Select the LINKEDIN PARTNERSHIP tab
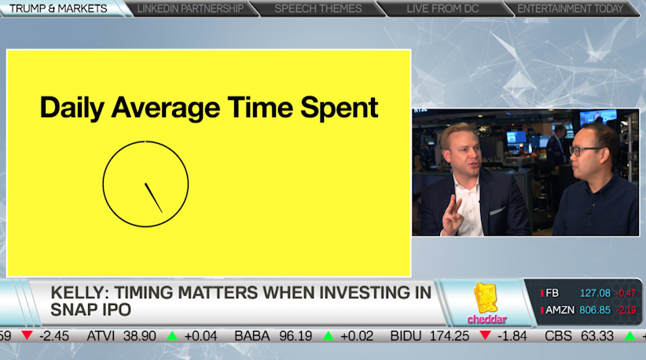pyautogui.click(x=192, y=9)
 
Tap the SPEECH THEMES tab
pyautogui.click(x=318, y=9)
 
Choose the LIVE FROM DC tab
pyautogui.click(x=443, y=9)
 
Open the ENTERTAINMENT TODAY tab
pyautogui.click(x=571, y=9)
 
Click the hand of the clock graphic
pyautogui.click(x=153, y=197)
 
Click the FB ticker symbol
pyautogui.click(x=552, y=293)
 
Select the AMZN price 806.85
pyautogui.click(x=596, y=310)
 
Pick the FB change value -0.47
pyautogui.click(x=626, y=293)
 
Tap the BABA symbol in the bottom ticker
pyautogui.click(x=252, y=336)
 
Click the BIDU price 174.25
pyautogui.click(x=450, y=336)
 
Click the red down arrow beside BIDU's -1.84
pyautogui.click(x=486, y=336)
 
